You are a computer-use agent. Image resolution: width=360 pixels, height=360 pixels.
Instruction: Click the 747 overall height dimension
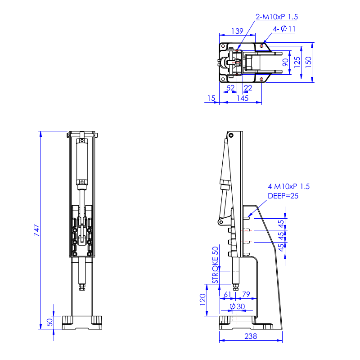[37, 230]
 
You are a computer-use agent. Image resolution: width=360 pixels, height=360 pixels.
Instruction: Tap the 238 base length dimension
[251, 336]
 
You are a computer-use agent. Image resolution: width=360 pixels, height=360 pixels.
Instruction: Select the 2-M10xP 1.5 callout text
[277, 17]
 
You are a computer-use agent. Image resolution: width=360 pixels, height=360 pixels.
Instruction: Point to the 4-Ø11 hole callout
[284, 29]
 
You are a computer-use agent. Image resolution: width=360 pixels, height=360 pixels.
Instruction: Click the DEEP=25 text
[283, 196]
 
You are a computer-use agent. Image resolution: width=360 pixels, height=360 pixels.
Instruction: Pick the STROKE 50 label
[215, 265]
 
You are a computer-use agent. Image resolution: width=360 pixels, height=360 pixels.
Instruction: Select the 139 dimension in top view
[237, 31]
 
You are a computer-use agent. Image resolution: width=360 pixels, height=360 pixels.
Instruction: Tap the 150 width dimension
[308, 62]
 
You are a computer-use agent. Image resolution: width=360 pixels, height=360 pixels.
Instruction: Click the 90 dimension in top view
[285, 62]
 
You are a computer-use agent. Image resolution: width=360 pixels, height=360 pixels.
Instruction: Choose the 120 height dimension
[202, 300]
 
